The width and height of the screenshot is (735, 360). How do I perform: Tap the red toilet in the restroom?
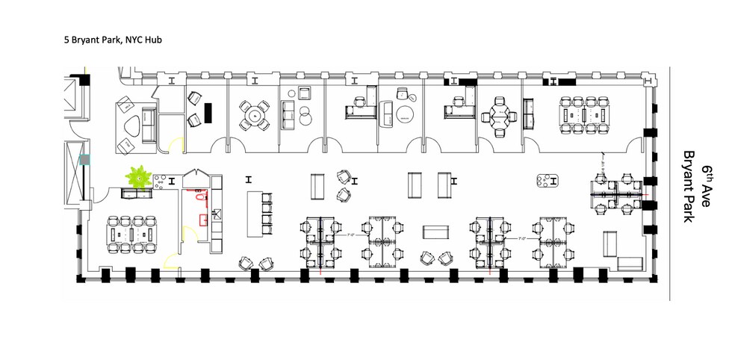[x=199, y=197]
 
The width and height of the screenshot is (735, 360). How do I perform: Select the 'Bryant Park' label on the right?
[x=688, y=187]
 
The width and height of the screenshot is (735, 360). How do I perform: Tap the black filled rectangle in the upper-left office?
[x=209, y=112]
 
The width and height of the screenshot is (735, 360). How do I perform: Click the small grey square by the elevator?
[x=84, y=159]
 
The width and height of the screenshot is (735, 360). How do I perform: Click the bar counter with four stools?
[x=258, y=213]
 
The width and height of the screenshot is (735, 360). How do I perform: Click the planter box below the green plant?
[x=137, y=194]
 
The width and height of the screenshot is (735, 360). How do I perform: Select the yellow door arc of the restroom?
[x=187, y=232]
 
